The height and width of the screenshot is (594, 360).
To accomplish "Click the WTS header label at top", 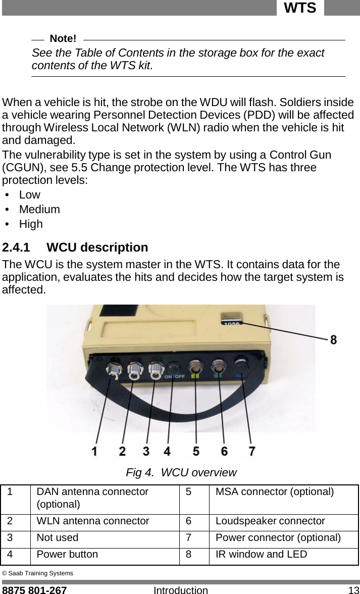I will pyautogui.click(x=300, y=8).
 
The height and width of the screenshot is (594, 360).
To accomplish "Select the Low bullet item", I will pyautogui.click(x=29, y=195).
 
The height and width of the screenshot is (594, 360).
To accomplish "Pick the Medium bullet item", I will pyautogui.click(x=39, y=209).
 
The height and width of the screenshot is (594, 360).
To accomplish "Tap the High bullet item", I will pyautogui.click(x=31, y=224).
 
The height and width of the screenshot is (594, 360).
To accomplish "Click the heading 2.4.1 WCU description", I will pyautogui.click(x=75, y=247).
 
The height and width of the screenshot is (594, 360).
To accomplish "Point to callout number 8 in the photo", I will pyautogui.click(x=333, y=340).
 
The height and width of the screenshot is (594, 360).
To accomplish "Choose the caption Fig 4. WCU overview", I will pyautogui.click(x=181, y=473).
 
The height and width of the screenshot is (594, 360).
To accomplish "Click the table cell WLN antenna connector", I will pyautogui.click(x=93, y=521).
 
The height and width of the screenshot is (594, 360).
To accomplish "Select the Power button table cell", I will pyautogui.click(x=68, y=554).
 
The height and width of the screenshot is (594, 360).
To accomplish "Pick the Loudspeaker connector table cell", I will pyautogui.click(x=270, y=521).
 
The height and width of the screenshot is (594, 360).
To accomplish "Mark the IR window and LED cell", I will pyautogui.click(x=261, y=554).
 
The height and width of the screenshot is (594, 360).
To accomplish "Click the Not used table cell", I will pyautogui.click(x=57, y=537).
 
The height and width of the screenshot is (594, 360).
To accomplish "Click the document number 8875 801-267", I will pyautogui.click(x=34, y=589).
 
